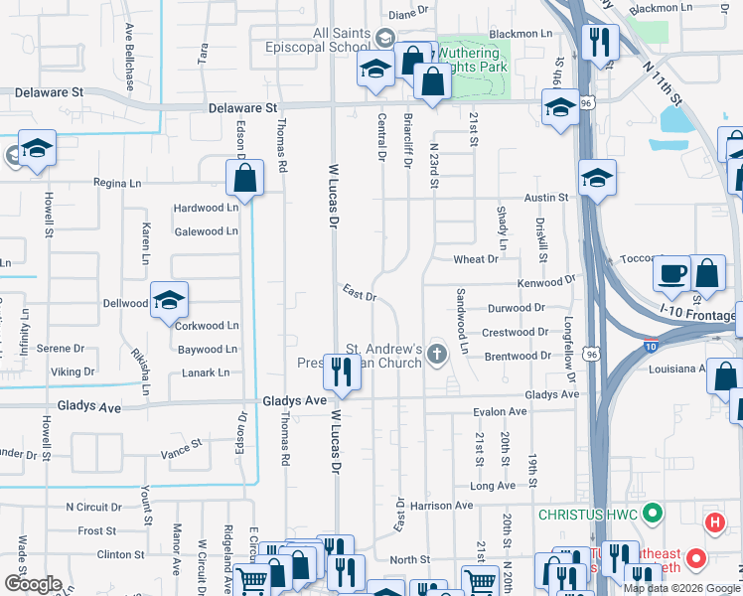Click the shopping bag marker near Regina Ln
[x=244, y=180]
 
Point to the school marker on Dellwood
[x=170, y=300]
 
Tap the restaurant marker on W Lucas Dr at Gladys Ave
[x=342, y=374]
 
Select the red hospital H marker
[x=713, y=522]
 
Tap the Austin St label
[x=548, y=198]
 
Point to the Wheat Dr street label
[x=475, y=259]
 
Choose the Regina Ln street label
[x=118, y=183]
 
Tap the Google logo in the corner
[x=34, y=583]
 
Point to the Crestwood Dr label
[x=515, y=333]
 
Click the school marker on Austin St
[x=596, y=179]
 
